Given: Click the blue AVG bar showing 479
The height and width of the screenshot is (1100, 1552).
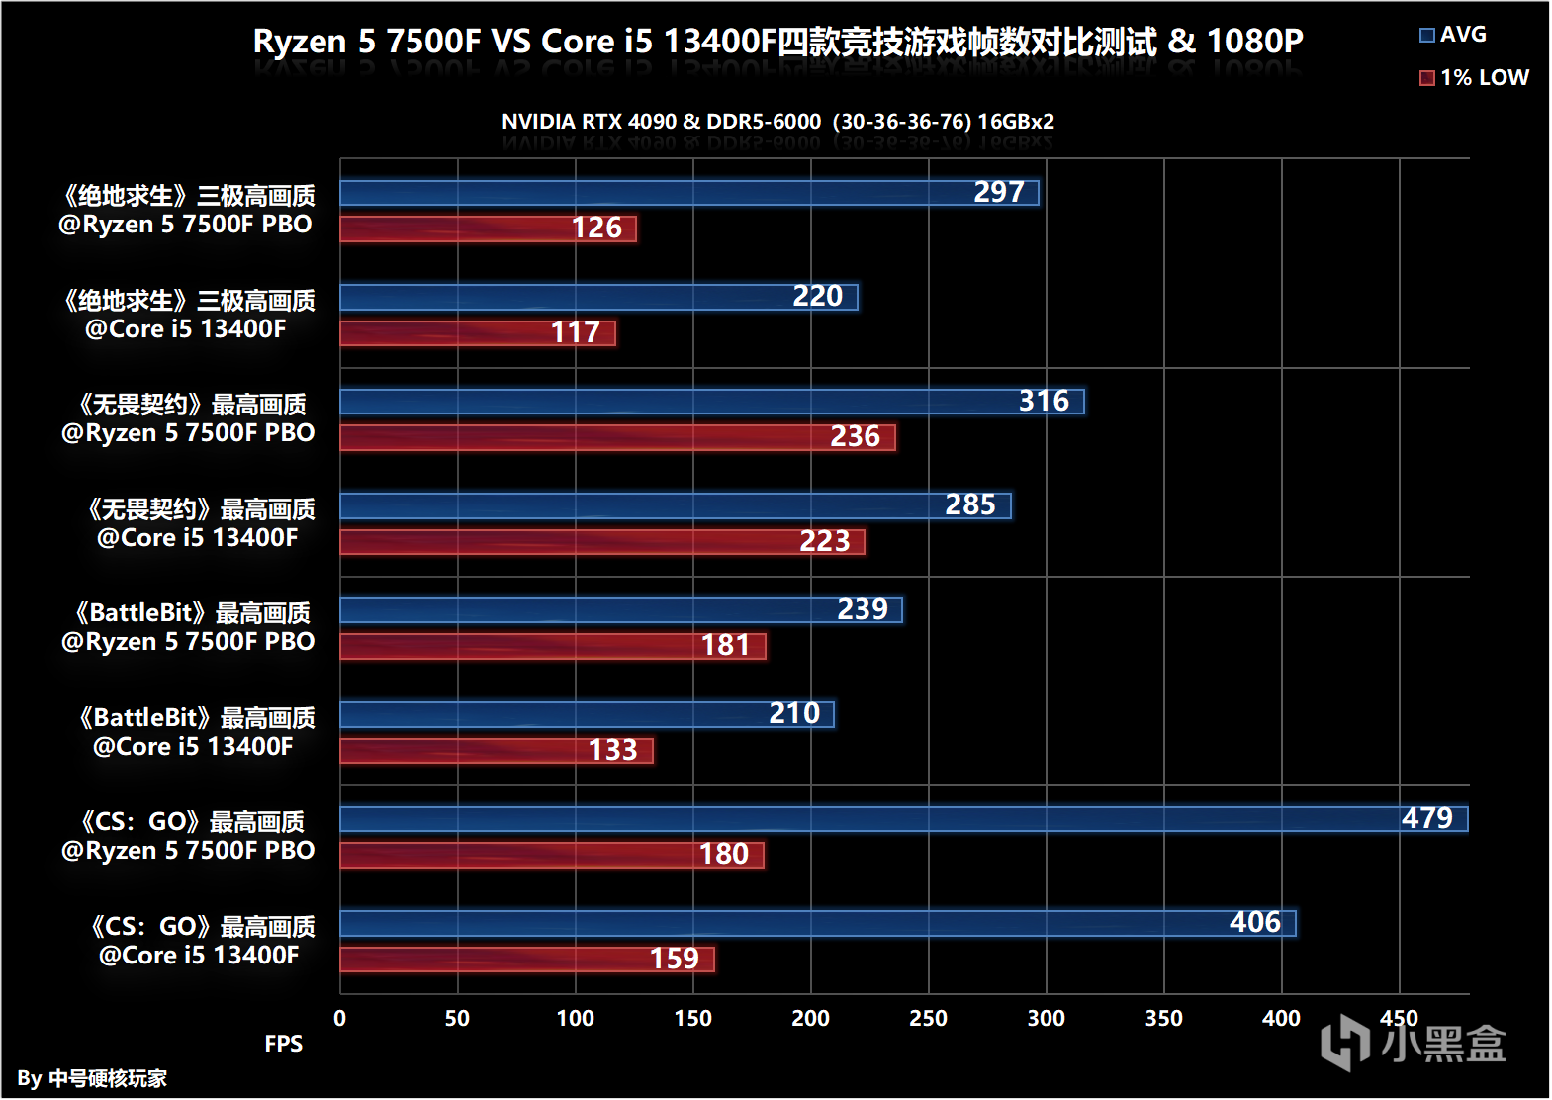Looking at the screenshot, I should (903, 819).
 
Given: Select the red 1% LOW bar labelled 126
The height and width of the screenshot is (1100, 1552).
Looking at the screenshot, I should (488, 229).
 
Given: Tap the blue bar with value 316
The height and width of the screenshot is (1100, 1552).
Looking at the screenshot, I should (712, 402).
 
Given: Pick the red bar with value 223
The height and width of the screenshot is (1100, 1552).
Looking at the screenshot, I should (601, 542).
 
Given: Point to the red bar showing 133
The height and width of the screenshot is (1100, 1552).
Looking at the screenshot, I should (496, 751).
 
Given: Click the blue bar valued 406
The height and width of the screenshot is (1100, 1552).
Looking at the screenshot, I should (817, 924).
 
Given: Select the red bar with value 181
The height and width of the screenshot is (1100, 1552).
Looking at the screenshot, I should (552, 646).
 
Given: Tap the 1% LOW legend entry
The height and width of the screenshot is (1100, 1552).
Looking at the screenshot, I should (1474, 78).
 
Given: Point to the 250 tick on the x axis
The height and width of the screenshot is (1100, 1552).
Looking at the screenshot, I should (928, 1019).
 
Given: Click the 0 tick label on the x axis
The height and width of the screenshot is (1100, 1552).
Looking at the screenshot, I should (340, 1019).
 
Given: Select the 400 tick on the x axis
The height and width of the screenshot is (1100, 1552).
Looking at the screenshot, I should (1281, 1019).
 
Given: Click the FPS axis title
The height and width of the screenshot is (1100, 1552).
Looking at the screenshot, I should (284, 1045).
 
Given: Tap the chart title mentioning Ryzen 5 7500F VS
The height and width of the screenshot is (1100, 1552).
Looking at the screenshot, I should (777, 42).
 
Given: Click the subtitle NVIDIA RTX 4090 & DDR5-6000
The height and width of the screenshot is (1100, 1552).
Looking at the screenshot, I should (777, 122).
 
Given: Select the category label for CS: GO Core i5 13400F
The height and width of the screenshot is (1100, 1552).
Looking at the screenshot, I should (201, 941).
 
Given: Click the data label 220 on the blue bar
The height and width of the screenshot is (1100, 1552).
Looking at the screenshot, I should (817, 297).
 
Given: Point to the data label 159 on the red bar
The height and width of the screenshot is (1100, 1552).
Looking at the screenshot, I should (675, 960).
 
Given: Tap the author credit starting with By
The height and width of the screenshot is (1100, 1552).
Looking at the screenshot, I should (92, 1078).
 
